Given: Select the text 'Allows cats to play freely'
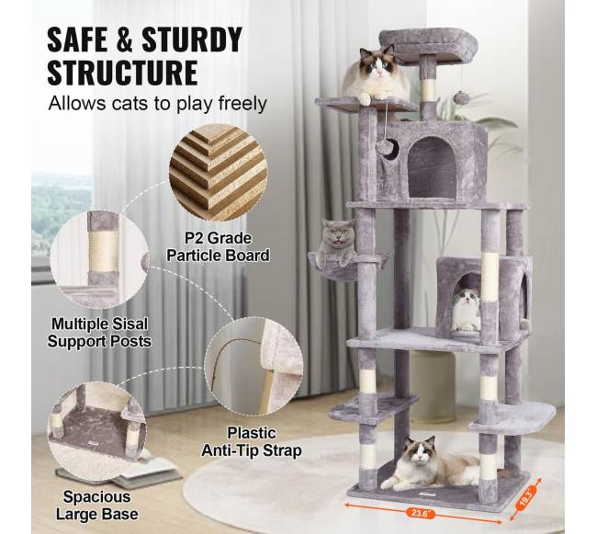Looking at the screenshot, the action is (x=157, y=104).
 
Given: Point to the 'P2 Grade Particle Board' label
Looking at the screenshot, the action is (x=218, y=247).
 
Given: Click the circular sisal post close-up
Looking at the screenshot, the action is (x=100, y=259).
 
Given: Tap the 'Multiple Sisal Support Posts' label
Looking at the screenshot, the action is (x=99, y=333).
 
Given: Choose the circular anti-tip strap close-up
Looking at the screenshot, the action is (x=254, y=367).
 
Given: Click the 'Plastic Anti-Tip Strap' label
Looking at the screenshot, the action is (x=252, y=442).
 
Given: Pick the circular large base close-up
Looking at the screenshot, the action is (x=96, y=432).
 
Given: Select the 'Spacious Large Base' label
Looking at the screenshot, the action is (x=97, y=506).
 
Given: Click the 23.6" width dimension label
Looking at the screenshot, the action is (x=421, y=512).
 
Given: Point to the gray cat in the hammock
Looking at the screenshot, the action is (x=336, y=243).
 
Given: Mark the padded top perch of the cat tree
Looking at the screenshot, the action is (x=428, y=43).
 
